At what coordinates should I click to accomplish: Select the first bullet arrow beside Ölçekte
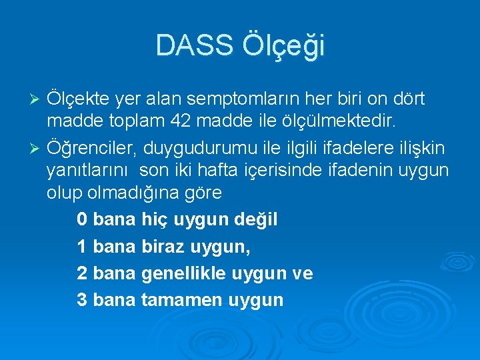click(37, 100)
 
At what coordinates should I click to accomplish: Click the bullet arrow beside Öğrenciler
click(37, 147)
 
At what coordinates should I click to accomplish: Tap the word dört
click(408, 99)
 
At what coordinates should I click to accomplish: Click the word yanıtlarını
click(90, 171)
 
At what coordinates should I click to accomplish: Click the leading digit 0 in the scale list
click(81, 219)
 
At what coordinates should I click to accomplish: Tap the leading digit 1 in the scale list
click(81, 247)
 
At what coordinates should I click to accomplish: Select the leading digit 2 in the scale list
click(81, 273)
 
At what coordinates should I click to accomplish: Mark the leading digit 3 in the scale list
click(81, 300)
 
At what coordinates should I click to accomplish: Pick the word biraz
click(163, 247)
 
